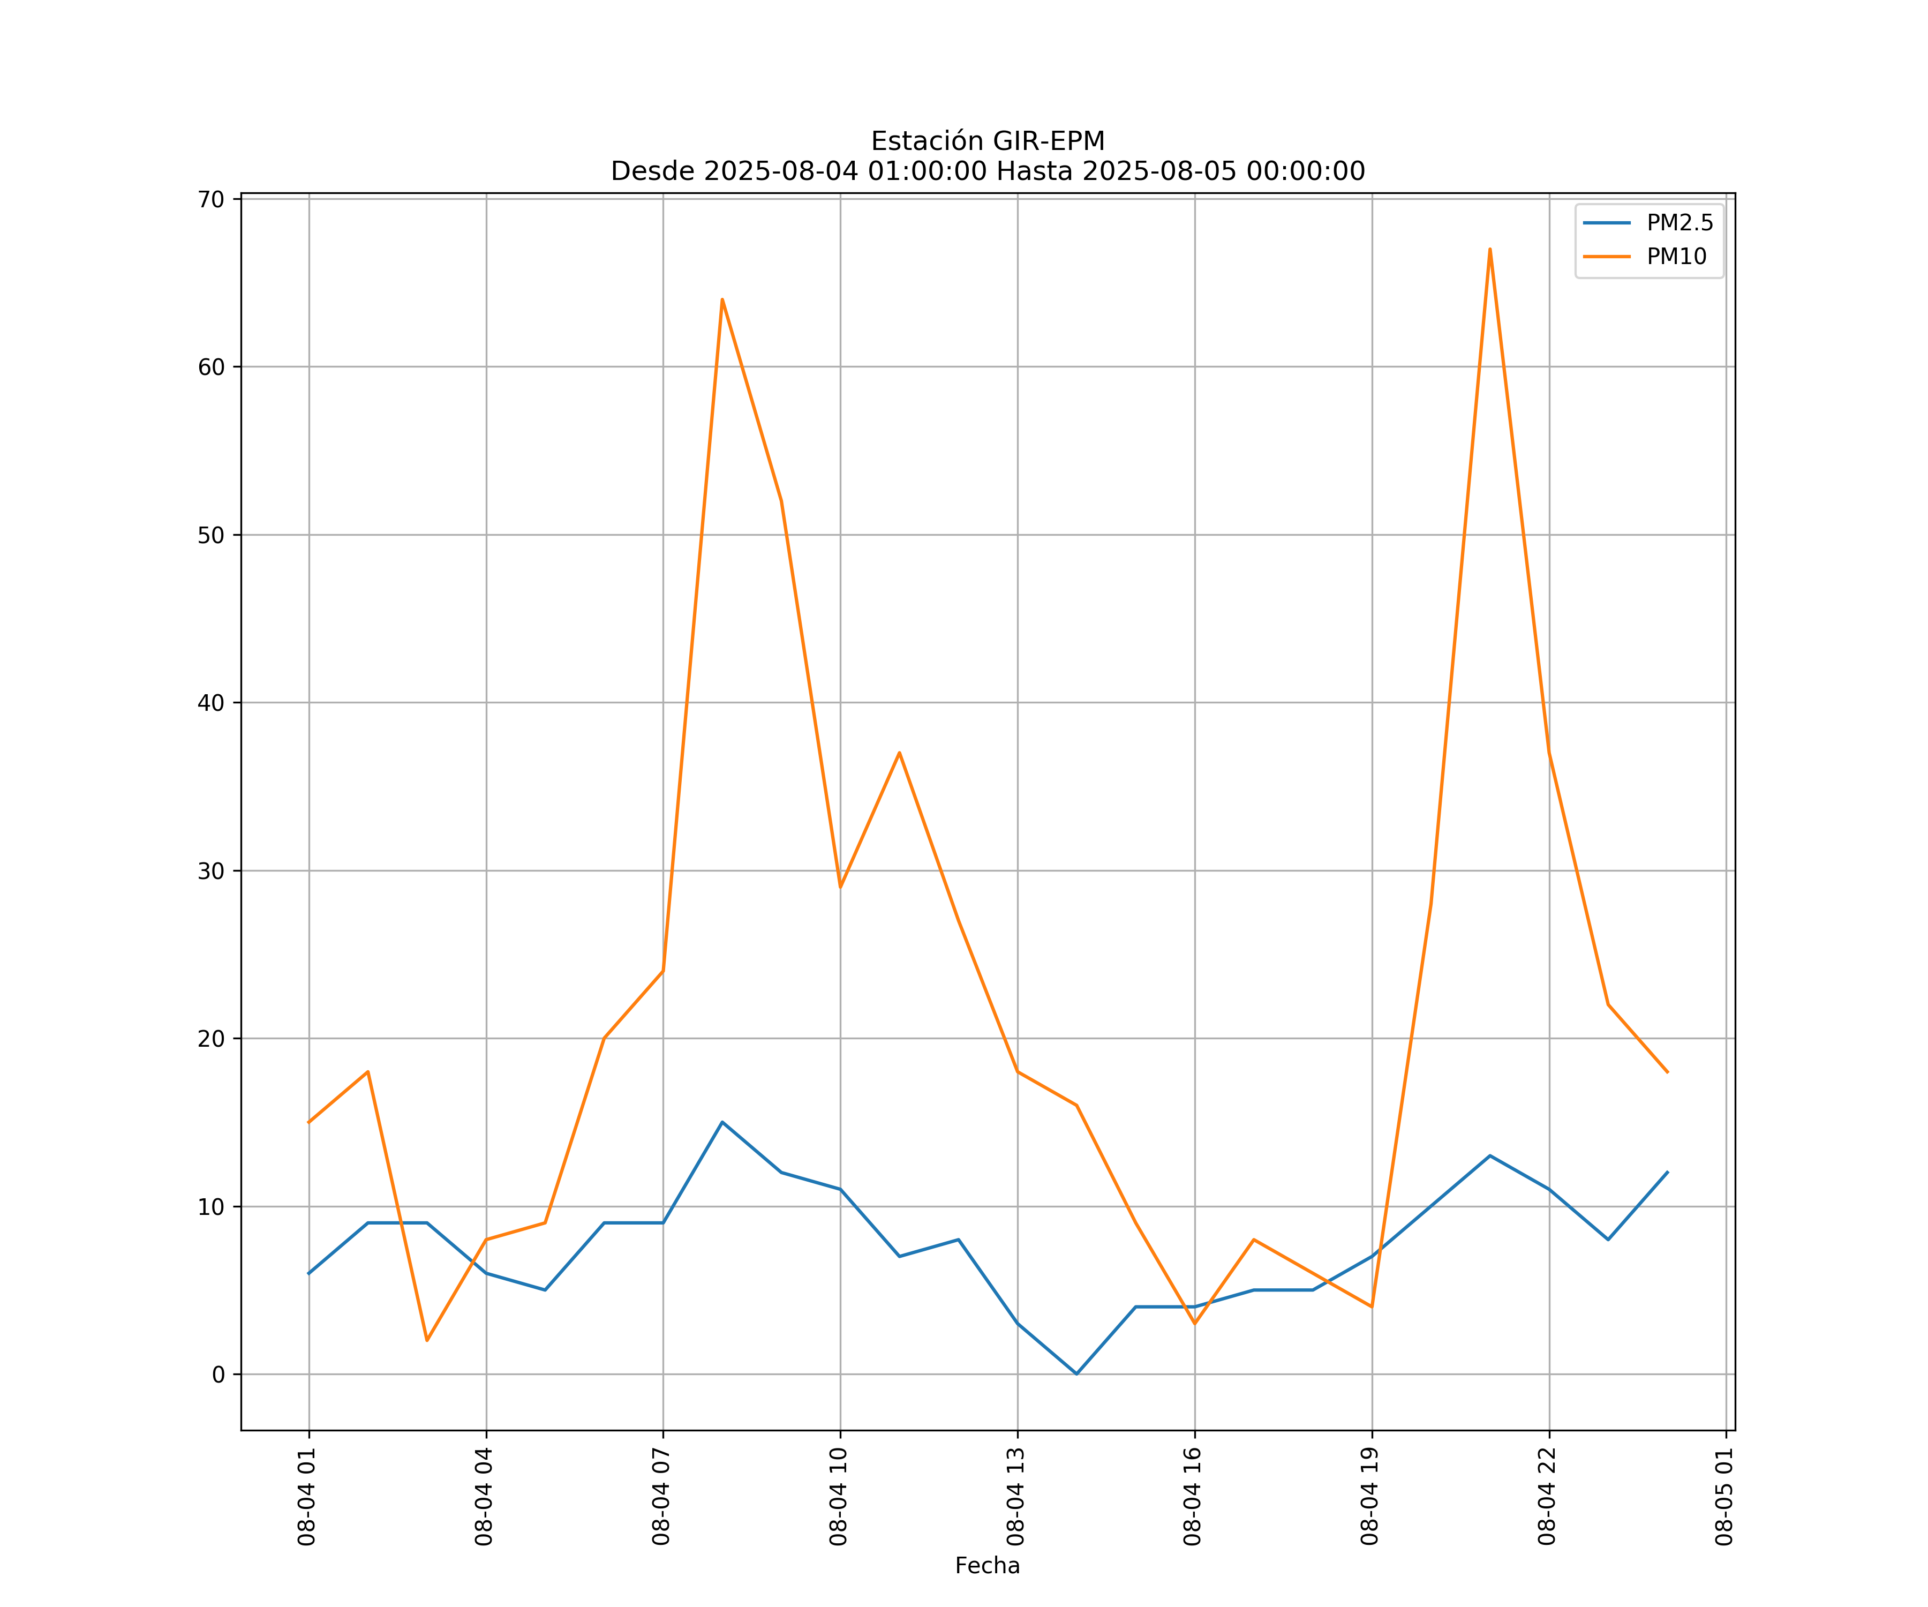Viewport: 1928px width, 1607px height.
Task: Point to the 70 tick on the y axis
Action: pos(211,199)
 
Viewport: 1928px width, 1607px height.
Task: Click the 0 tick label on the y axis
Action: pos(219,1375)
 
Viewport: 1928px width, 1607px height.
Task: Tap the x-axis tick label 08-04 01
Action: pos(307,1497)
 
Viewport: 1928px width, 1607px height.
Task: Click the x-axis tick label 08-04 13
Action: pos(1015,1497)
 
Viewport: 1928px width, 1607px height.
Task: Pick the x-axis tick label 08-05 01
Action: pos(1724,1497)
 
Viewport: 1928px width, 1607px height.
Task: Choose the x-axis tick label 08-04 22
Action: pos(1547,1497)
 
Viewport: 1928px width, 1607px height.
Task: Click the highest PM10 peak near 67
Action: pos(1490,249)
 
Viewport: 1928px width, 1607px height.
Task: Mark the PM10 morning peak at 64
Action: pos(722,299)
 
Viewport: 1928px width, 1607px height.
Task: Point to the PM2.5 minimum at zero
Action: pos(1077,1374)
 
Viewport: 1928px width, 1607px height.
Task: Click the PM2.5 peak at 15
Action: pos(722,1122)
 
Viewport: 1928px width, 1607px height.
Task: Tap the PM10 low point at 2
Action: pos(427,1341)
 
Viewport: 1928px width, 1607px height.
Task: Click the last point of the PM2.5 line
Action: pos(1667,1173)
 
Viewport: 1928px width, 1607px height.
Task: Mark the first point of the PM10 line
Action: pos(308,1122)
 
